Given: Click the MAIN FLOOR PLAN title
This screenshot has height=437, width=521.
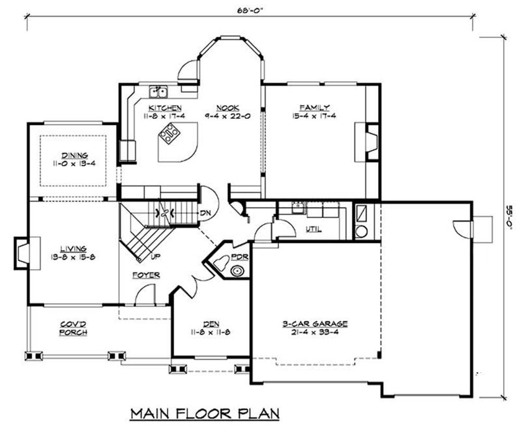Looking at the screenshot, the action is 205,414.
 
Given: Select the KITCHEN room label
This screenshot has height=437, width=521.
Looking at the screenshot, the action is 165,108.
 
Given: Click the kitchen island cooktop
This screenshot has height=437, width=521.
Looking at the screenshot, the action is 169,133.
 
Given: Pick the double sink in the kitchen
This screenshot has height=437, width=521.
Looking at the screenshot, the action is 158,92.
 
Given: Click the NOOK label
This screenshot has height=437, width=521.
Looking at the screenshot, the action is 228,108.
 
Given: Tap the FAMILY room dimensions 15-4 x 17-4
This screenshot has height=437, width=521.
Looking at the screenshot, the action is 314,116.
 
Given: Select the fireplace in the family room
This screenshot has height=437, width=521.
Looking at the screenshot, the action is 367,142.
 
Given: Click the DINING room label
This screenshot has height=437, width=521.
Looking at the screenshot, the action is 75,155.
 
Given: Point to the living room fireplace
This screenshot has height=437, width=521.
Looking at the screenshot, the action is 27,253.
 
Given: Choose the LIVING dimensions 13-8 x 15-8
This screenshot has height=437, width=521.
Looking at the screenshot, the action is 73,257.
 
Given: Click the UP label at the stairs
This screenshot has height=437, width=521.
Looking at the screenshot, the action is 155,257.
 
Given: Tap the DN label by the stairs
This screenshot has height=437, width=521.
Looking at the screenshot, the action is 206,213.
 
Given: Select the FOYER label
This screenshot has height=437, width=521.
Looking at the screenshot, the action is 146,275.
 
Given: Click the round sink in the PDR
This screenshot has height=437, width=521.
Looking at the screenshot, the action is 237,271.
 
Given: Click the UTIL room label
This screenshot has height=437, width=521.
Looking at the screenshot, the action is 314,229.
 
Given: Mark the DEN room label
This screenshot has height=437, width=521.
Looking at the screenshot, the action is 212,324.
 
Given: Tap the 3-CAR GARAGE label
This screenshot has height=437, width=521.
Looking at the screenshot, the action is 315,324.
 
